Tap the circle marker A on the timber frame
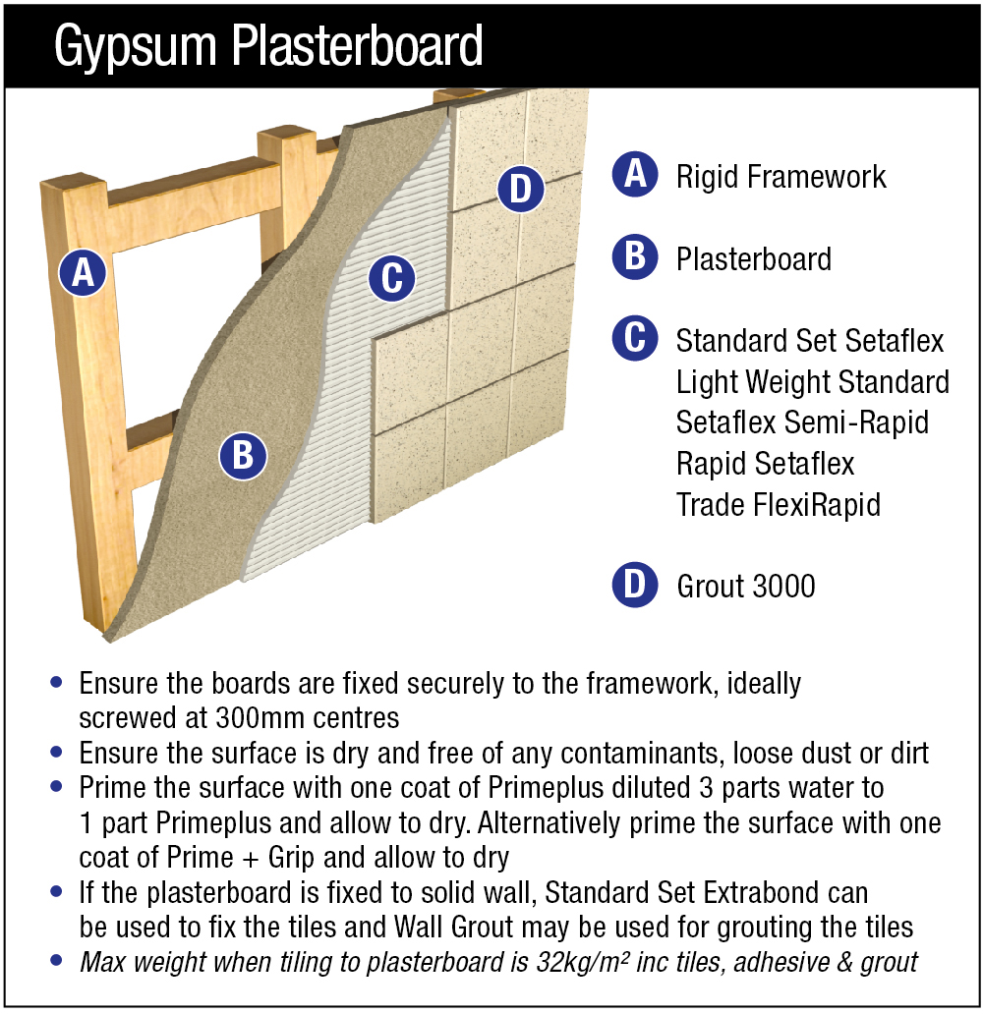(x=83, y=271)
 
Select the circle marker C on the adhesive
(x=392, y=278)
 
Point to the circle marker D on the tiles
(x=521, y=189)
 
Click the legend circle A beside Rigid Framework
(x=635, y=175)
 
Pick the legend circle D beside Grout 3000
(x=635, y=586)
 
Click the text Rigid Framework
(x=781, y=177)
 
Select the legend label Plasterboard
(x=754, y=259)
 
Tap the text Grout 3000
(x=746, y=587)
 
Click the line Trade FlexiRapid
(x=778, y=505)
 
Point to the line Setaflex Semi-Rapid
(x=802, y=422)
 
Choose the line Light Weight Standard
(x=813, y=381)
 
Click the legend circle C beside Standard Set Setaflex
(x=635, y=340)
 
